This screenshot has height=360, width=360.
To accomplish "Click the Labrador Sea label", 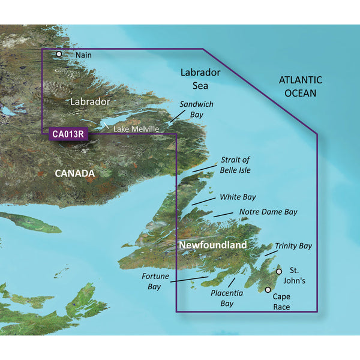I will pyautogui.click(x=200, y=79).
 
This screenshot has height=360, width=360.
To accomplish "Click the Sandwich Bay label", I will pyautogui.click(x=196, y=109).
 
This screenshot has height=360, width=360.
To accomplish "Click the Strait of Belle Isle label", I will pyautogui.click(x=235, y=165).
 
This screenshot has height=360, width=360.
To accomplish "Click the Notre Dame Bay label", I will pyautogui.click(x=268, y=212).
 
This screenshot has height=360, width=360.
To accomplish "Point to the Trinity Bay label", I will pyautogui.click(x=293, y=246).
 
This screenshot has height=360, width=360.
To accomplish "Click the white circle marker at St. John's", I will pyautogui.click(x=279, y=272).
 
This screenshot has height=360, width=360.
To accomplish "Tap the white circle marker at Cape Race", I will pyautogui.click(x=268, y=290).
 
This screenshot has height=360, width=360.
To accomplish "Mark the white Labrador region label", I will pyautogui.click(x=91, y=101).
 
